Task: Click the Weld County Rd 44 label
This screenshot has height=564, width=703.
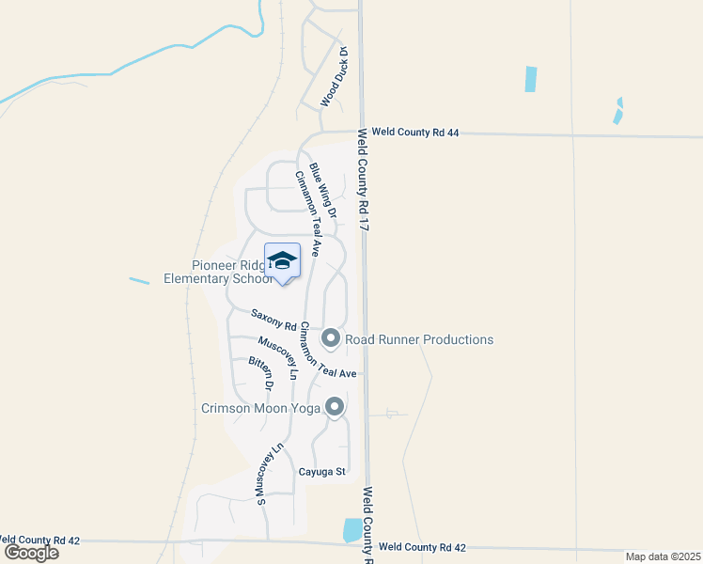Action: point(414,133)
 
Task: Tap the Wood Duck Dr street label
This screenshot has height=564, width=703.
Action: point(335,76)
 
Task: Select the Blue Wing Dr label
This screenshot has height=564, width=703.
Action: point(322,194)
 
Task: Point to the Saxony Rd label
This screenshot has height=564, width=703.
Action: point(273,321)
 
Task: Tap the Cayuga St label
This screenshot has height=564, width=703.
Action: point(323,471)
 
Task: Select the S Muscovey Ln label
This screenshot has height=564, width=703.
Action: point(270,475)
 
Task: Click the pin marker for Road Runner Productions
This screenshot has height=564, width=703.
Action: point(331,337)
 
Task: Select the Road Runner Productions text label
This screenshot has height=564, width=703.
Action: point(419,339)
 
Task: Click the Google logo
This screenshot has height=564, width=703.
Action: point(31,553)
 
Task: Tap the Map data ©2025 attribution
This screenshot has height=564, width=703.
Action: point(663,556)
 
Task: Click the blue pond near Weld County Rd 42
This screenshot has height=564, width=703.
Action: point(352,530)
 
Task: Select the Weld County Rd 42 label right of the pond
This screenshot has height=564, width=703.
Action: point(422,547)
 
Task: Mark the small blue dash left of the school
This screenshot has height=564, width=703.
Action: point(139,281)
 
